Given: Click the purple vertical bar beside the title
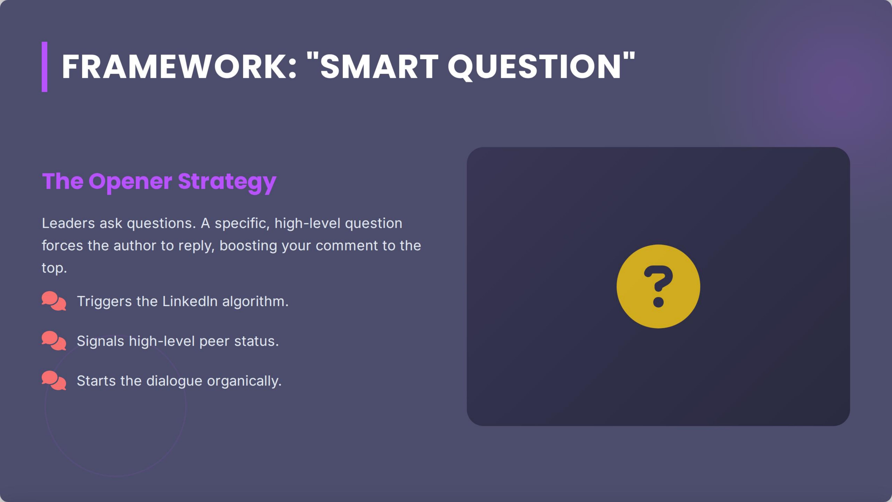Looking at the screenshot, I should pos(44,67).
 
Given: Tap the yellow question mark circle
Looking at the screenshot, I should pos(658,286).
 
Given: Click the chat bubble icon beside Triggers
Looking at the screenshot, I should pos(54,301).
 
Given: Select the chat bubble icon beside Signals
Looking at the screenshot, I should pos(54,341).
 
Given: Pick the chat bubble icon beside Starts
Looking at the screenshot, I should pos(54,380).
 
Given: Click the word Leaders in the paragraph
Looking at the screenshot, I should pos(68,223).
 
